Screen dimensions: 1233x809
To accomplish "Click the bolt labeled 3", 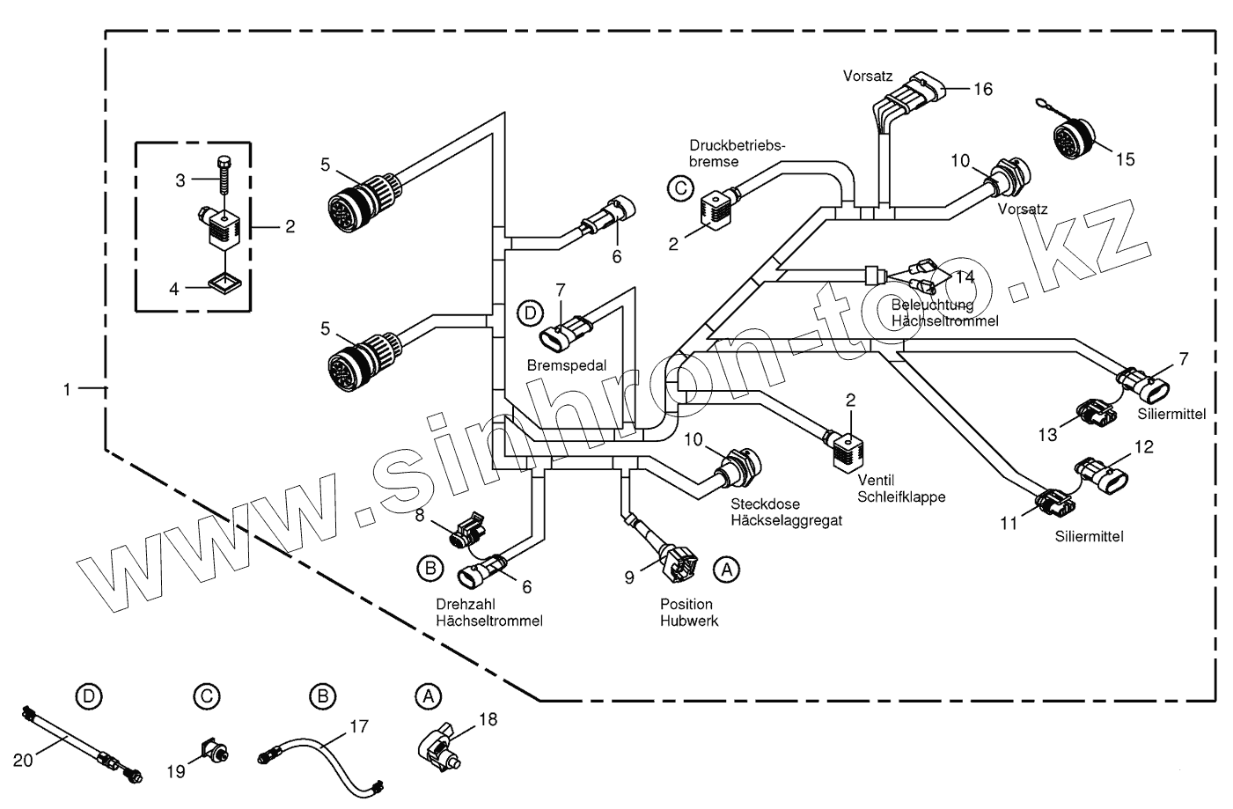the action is click(224, 176).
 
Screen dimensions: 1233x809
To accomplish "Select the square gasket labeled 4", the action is click(225, 284).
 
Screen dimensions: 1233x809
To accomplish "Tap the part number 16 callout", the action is click(983, 89).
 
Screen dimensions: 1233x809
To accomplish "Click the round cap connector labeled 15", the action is click(1074, 135).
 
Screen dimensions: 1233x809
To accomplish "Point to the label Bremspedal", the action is click(567, 365).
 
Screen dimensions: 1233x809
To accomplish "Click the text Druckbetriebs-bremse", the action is click(737, 154).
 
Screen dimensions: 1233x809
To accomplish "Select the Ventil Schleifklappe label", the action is click(901, 489).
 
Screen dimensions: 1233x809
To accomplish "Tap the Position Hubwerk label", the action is click(689, 613).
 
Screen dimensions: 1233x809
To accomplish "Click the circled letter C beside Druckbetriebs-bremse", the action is click(681, 189).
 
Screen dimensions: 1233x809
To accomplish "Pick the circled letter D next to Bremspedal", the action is click(530, 313).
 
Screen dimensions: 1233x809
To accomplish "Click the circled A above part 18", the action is click(428, 696).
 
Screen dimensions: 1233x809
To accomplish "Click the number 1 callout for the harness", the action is click(67, 389).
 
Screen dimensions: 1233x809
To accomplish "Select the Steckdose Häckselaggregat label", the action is click(786, 511).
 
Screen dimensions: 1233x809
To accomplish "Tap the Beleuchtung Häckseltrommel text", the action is click(944, 313).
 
